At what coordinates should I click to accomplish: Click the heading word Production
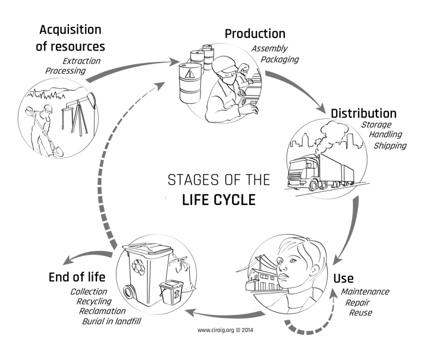point(255,33)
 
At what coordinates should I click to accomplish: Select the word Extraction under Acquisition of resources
point(81,61)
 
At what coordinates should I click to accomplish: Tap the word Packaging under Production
point(278,59)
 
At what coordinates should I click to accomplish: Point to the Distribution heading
point(363,113)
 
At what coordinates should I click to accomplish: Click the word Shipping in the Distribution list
point(390,146)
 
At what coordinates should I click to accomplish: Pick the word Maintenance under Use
point(365,292)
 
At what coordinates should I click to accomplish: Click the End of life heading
point(77,276)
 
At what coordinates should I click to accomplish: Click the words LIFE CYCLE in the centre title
point(218,200)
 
